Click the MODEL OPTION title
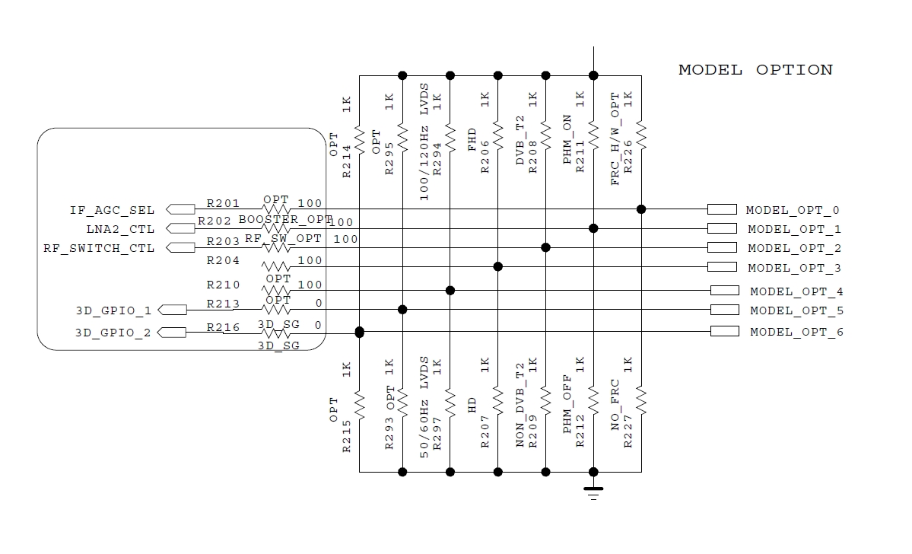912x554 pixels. point(755,70)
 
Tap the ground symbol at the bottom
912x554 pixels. point(594,492)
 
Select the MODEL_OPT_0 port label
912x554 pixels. point(793,210)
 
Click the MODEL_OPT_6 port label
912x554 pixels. point(796,332)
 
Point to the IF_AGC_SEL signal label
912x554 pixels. point(113,210)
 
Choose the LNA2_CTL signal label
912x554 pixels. point(120,229)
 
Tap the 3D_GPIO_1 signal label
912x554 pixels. point(113,310)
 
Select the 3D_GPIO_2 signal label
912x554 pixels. point(113,333)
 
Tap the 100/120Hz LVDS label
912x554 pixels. point(424,142)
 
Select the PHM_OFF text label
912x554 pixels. point(567,409)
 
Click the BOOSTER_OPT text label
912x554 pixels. point(285,220)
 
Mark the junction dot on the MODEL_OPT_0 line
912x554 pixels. point(641,209)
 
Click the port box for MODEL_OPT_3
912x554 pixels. point(722,267)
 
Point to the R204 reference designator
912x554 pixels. point(223,261)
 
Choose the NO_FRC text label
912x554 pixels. point(615,406)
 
